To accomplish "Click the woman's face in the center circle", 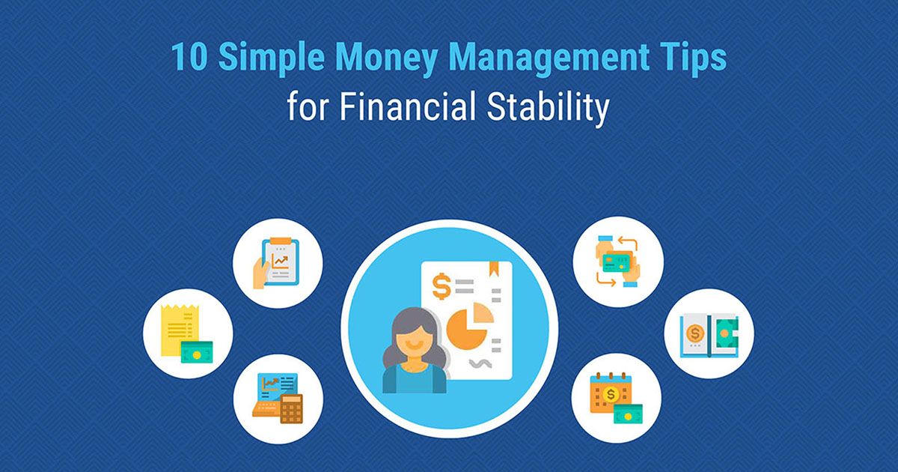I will click(x=413, y=341).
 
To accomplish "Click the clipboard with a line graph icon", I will click(x=278, y=261).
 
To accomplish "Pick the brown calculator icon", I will click(x=291, y=409).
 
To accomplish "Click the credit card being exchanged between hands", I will click(x=617, y=262).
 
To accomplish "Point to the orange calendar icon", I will click(x=607, y=393).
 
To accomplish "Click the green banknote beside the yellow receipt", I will click(x=197, y=351).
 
